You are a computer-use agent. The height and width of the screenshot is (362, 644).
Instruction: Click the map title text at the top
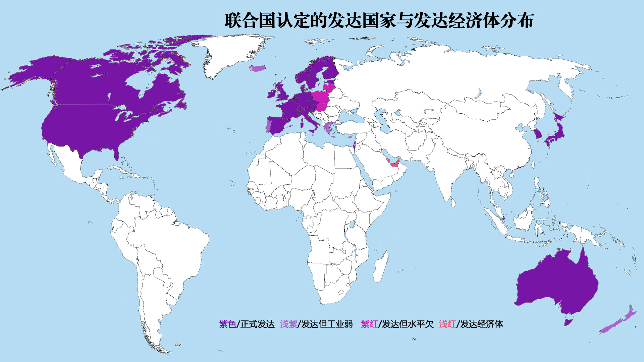[x=379, y=21]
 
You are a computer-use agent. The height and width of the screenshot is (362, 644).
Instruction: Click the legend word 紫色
[x=227, y=324]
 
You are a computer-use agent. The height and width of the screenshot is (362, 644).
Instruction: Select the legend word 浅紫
[x=288, y=324]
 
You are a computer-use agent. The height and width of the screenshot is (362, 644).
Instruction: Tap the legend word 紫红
[x=369, y=324]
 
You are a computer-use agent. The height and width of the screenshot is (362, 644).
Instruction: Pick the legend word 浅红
[x=447, y=324]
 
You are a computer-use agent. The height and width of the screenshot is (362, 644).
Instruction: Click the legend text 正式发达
[x=257, y=324]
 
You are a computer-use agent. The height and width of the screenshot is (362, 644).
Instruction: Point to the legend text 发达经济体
[x=481, y=324]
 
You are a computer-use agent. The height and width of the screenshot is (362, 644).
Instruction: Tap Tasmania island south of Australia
[x=568, y=322]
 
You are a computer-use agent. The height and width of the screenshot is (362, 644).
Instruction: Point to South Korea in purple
[x=538, y=134]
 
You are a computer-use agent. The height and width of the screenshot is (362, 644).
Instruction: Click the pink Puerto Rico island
[x=144, y=177]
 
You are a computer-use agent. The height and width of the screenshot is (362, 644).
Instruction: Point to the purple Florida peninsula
[x=116, y=154]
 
